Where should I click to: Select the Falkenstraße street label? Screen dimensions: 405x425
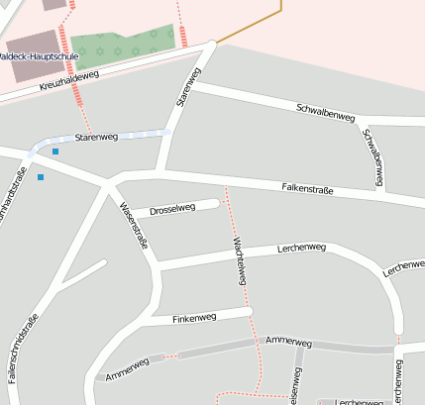[306, 188]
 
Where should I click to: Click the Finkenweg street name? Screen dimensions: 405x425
[194, 318]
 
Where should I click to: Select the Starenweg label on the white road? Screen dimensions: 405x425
[187, 87]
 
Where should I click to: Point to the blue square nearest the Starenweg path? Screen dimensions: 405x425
[55, 151]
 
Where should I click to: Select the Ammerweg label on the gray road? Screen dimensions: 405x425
[289, 342]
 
